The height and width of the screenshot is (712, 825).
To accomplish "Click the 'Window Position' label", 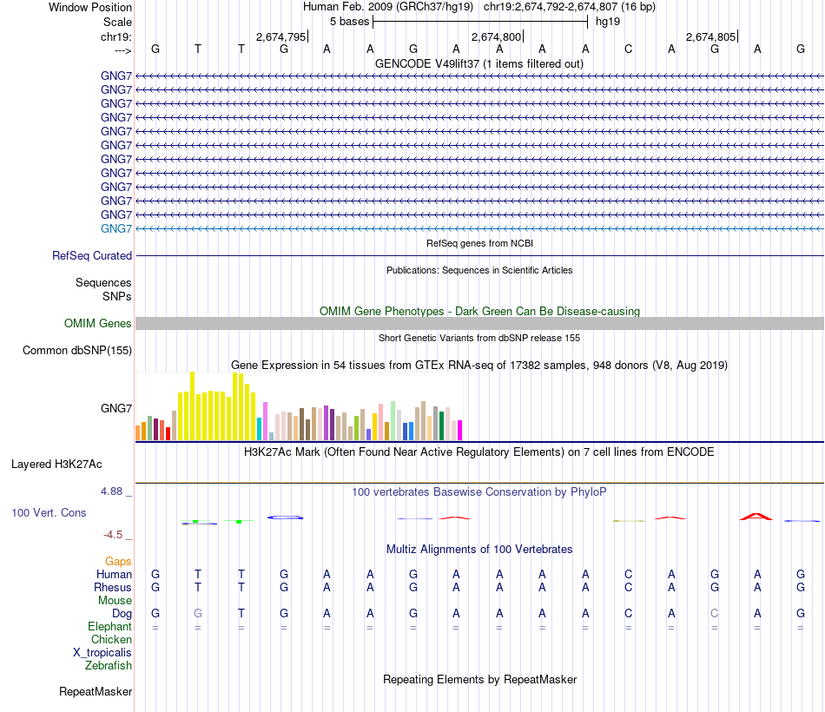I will (x=90, y=7).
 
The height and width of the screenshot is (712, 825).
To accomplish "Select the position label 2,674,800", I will (x=496, y=36).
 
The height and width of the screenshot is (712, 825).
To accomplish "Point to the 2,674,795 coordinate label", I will (x=280, y=36).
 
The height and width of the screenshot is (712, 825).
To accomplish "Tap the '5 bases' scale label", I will (x=349, y=21).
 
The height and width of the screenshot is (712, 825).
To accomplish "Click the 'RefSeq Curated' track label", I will (x=92, y=256).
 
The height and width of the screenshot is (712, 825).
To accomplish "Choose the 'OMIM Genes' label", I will (x=98, y=324).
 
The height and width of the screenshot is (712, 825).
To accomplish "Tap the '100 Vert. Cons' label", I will (x=49, y=513).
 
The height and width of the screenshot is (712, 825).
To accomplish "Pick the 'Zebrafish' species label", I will (x=109, y=666).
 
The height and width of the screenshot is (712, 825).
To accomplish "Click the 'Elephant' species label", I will (x=109, y=627).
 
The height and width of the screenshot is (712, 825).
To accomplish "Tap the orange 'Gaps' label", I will (x=118, y=562).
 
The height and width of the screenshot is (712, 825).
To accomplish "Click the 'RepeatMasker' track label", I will (x=96, y=692).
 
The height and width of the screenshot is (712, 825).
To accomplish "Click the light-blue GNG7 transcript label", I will (x=116, y=228).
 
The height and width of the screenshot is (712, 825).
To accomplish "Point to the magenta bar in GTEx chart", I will (x=460, y=430).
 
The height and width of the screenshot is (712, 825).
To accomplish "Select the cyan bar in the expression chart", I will (x=259, y=428).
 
